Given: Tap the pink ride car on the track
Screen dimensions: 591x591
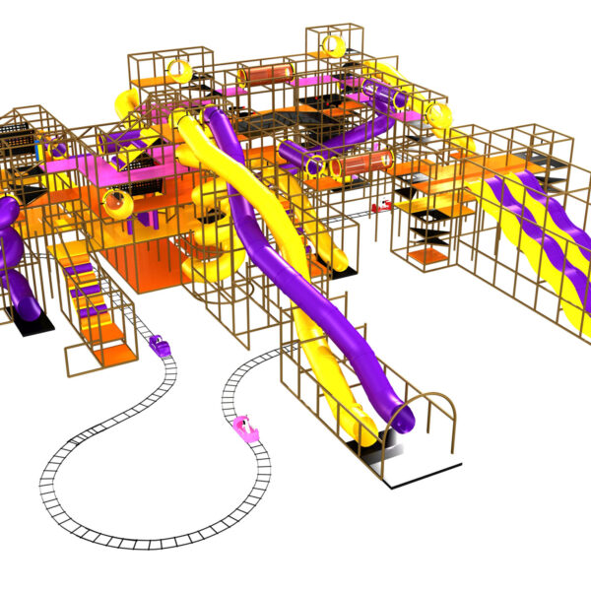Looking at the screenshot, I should click(243, 427).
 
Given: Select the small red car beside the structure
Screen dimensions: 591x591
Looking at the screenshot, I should click(380, 205).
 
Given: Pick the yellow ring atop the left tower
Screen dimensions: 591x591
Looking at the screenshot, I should click(181, 70).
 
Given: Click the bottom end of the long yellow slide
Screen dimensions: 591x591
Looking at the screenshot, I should click(360, 433).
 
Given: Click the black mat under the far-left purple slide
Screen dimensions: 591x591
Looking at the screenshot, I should click(22, 320).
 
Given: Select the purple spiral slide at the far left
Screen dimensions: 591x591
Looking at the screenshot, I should click(12, 256).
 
